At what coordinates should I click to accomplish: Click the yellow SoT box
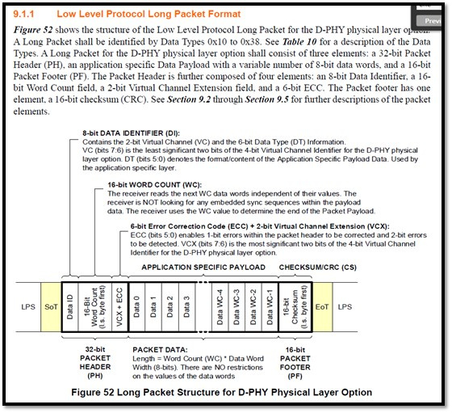[51, 307]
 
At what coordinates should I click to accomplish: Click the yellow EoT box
[322, 307]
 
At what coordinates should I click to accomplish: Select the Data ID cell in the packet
[70, 307]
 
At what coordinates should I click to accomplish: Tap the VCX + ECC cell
[120, 307]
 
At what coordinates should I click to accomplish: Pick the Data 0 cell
[137, 307]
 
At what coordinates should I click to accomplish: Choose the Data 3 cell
[186, 307]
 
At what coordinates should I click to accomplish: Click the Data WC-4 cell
[220, 307]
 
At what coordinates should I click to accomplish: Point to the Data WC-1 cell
[270, 307]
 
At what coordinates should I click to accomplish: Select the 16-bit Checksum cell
[295, 307]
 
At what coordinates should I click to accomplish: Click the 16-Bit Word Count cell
[95, 307]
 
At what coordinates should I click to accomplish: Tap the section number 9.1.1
[23, 14]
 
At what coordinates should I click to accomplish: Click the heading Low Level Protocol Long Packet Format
[149, 14]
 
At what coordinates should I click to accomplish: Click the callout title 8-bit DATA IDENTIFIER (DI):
[131, 133]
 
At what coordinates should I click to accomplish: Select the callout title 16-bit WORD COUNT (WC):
[154, 185]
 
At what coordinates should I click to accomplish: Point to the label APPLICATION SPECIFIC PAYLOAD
[203, 268]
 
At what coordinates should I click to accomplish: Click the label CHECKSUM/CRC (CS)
[318, 268]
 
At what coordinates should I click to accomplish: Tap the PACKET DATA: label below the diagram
[160, 350]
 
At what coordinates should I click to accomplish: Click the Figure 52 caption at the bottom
[221, 393]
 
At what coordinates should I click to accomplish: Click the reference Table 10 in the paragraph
[299, 42]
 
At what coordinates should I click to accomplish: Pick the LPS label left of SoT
[28, 307]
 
